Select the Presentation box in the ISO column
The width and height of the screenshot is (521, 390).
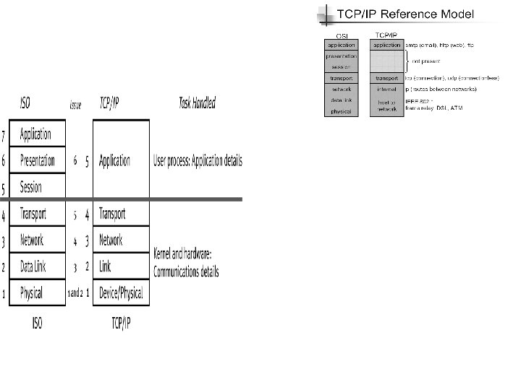pyautogui.click(x=37, y=161)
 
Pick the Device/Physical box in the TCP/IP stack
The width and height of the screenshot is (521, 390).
pyautogui.click(x=121, y=293)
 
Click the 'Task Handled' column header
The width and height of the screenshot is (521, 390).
pyautogui.click(x=197, y=104)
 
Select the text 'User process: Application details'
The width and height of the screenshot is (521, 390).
pyautogui.click(x=198, y=160)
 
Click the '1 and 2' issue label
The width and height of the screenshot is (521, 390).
pyautogui.click(x=75, y=294)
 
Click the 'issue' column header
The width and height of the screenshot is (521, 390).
pyautogui.click(x=75, y=105)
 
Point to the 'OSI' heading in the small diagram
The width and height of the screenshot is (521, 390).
pyautogui.click(x=341, y=36)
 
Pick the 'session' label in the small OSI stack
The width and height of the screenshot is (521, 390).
pyautogui.click(x=341, y=66)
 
